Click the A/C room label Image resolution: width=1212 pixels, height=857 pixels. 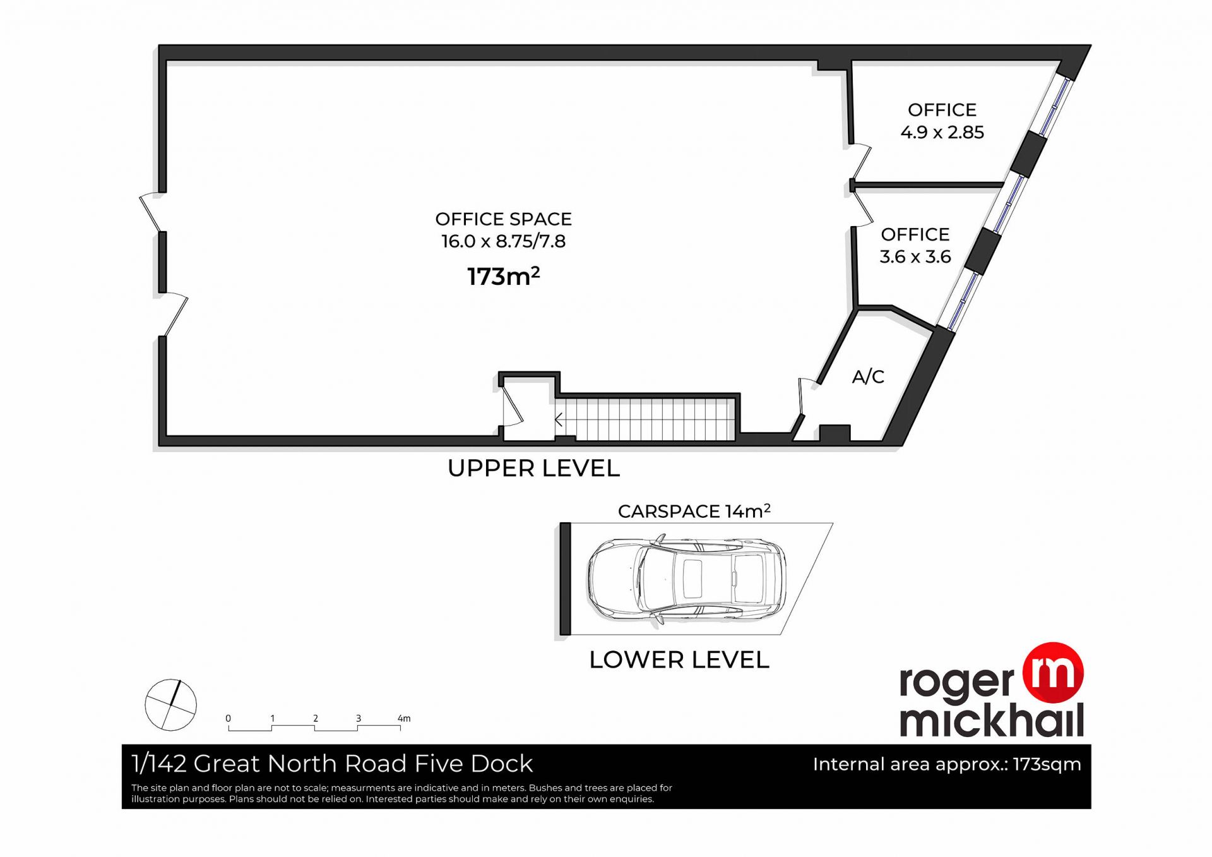pos(868,377)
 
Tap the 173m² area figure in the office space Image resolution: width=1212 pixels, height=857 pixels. pos(503,276)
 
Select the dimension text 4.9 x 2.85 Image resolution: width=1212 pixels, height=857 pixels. pos(942,132)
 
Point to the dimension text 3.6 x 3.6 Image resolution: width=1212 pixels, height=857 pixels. pos(915,256)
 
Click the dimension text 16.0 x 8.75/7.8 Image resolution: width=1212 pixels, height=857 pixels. pos(503,241)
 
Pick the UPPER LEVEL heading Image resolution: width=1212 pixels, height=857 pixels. pos(533,469)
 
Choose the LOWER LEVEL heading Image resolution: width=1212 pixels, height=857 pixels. pos(679,660)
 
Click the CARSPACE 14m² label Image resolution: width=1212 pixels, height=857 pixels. pos(694,511)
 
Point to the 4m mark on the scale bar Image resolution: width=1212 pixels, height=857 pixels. pos(404,719)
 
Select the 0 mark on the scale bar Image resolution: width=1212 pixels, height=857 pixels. pos(228,719)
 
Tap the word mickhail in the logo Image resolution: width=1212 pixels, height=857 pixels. pos(992,720)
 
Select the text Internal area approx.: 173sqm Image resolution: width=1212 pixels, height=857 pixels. pos(947,765)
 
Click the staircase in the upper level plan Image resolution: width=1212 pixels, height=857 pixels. pos(646,419)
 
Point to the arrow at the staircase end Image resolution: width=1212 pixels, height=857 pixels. pos(559,419)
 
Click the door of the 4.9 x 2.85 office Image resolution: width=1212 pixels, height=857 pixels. pos(860,162)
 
